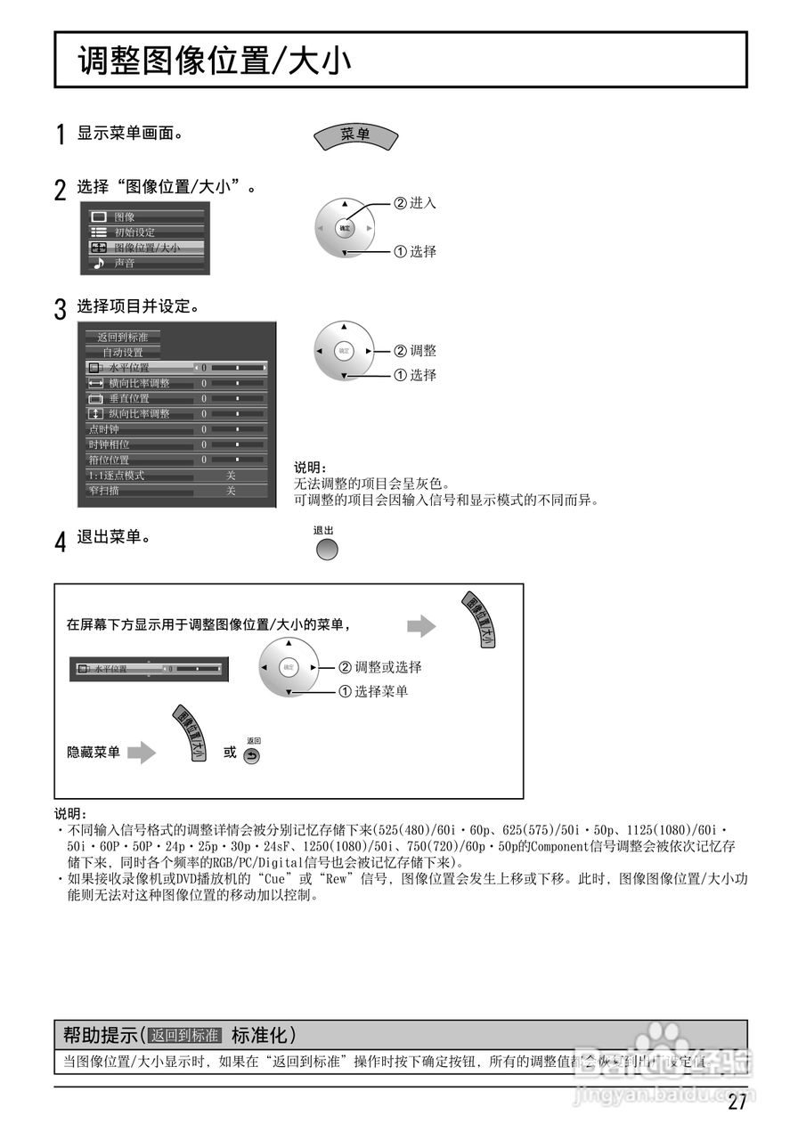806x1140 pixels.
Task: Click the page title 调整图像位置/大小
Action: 214,61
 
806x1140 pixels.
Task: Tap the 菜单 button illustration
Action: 355,135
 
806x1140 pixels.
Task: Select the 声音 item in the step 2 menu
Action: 125,264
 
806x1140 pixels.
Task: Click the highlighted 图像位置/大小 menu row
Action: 146,248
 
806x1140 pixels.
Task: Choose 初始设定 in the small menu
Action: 134,232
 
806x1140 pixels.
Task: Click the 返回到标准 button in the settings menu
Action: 123,337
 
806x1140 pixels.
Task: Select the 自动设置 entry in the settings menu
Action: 123,353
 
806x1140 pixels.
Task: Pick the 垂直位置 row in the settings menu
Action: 130,398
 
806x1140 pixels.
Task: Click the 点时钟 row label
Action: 104,429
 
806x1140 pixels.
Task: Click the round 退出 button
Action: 327,550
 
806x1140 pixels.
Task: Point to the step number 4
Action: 60,542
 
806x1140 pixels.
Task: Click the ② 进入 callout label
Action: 415,203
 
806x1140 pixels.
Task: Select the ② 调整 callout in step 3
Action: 415,351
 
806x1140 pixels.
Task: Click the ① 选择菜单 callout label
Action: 373,691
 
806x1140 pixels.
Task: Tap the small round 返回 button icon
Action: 252,756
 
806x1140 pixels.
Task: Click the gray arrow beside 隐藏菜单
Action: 142,753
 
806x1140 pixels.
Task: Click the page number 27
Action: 737,1103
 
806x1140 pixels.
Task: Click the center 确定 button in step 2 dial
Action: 345,229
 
